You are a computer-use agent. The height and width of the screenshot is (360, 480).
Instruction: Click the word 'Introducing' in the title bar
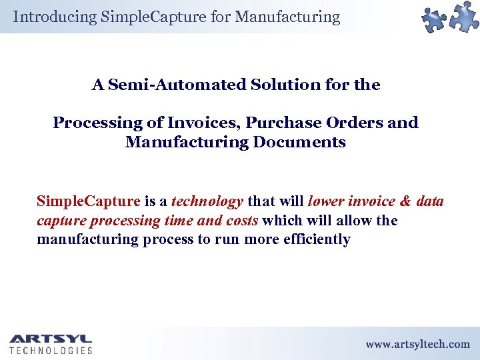coord(55,17)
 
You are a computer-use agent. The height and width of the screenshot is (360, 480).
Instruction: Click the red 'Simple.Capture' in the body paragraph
coord(88,201)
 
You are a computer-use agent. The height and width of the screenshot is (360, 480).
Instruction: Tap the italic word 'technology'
coord(207,201)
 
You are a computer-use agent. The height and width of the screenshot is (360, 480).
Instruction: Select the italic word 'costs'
coord(241,221)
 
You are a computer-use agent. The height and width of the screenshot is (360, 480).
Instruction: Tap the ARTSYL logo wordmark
coord(50,338)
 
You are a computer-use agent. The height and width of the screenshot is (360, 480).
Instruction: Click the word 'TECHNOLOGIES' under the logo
coord(51,350)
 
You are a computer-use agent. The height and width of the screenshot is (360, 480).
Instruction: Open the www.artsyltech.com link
coord(417,344)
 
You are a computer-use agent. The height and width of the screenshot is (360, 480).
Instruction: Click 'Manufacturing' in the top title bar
coord(290,17)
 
